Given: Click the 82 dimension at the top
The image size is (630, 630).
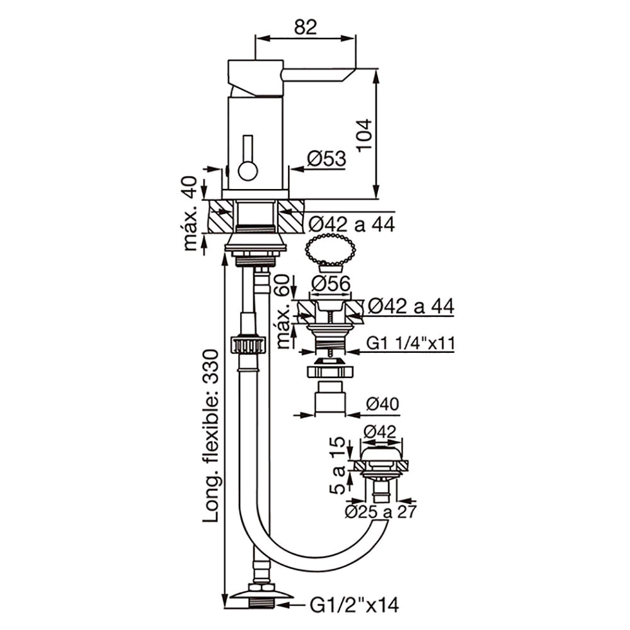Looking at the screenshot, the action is coord(306,27).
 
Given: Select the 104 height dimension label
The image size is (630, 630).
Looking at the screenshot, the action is coord(364,135).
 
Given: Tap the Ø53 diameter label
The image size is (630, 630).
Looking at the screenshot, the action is coord(326,158).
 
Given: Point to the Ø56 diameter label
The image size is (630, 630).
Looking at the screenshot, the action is coord(331,284).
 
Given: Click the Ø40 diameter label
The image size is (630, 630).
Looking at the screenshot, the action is coord(382,404).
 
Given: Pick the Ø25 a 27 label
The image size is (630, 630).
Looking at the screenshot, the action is coord(381,512).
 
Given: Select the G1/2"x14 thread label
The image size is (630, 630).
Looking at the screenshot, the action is coord(354,604).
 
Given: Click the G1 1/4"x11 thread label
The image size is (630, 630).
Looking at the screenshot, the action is coord(410,343).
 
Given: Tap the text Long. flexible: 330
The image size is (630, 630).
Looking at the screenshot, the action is coord(210,435).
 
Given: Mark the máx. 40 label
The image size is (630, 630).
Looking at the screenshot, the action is coord(190,214).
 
